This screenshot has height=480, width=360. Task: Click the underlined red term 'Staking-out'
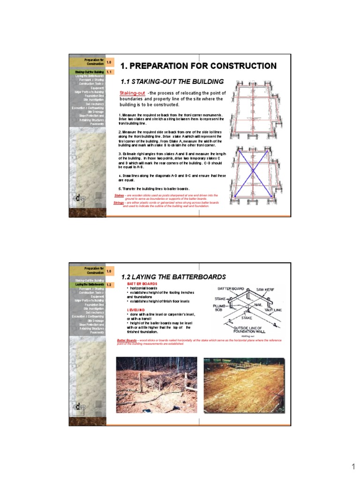[x=132, y=93]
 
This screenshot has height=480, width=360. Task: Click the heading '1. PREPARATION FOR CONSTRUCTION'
[x=198, y=66]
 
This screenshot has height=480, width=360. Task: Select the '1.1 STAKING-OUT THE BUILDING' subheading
[x=172, y=82]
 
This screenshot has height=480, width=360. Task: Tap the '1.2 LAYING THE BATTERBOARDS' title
[x=173, y=277]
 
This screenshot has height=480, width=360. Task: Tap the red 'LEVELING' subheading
[x=136, y=310]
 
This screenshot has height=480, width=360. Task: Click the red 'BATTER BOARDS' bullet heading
[x=142, y=284]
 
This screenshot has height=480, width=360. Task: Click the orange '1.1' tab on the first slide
[x=109, y=72]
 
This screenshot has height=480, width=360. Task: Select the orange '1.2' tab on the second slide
[x=109, y=285]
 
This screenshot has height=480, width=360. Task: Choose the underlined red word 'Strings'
[x=119, y=202]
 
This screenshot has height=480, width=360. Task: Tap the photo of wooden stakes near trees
[x=157, y=384]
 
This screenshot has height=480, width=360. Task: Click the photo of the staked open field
[x=243, y=384]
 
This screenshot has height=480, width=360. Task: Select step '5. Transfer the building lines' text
[x=154, y=188]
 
